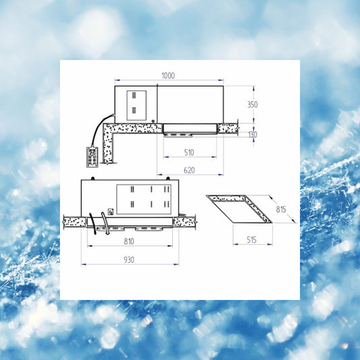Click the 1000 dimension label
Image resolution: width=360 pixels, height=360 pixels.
(168, 76)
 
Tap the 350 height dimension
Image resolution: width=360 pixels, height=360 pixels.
(253, 105)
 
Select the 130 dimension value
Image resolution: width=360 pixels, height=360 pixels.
(253, 134)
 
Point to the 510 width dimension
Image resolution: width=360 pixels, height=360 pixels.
(189, 152)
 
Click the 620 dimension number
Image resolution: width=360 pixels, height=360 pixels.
(189, 170)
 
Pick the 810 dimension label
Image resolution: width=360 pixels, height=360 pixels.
(129, 241)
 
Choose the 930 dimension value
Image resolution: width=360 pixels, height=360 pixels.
(129, 259)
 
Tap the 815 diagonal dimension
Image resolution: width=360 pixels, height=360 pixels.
(281, 209)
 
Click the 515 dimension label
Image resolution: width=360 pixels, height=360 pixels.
(252, 240)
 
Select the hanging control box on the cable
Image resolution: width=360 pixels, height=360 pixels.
(93, 157)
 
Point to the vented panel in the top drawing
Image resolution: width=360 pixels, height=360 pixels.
(136, 105)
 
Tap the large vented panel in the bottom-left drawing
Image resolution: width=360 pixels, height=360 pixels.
(144, 199)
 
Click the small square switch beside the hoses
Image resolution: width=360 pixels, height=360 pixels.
(111, 211)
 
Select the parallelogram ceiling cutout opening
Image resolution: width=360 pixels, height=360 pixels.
(240, 209)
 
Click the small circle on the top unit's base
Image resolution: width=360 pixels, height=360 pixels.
(153, 121)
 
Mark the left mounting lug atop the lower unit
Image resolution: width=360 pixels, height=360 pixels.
(93, 178)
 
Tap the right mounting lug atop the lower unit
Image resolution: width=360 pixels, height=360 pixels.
(168, 178)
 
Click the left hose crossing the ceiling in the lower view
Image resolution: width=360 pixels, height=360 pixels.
(93, 224)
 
